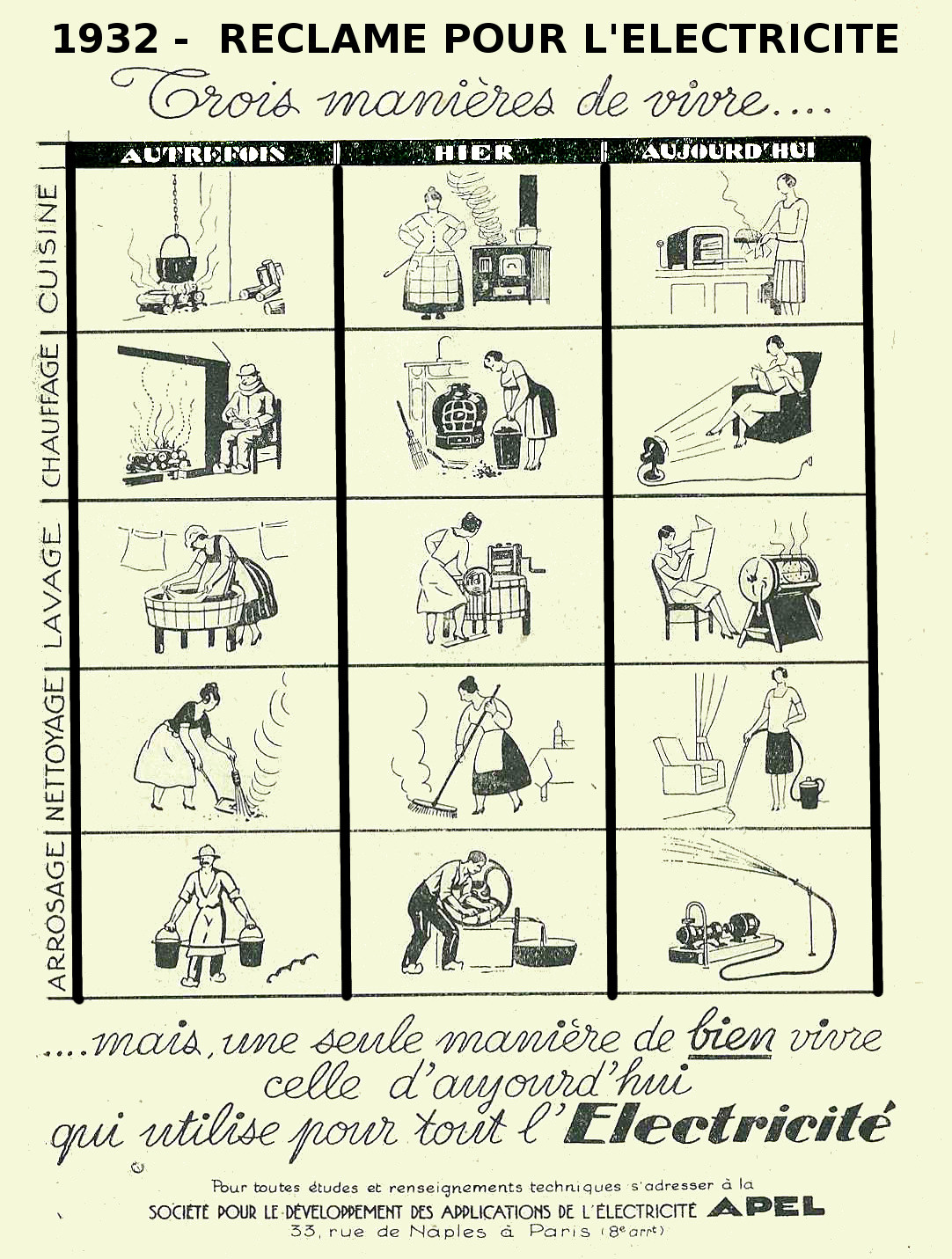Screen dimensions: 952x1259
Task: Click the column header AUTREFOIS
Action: click(x=203, y=154)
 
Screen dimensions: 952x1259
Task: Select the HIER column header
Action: click(x=473, y=152)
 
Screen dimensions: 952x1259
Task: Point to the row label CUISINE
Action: click(x=48, y=248)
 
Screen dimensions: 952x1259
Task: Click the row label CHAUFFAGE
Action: click(x=49, y=416)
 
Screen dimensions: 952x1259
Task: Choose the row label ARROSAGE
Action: click(x=55, y=916)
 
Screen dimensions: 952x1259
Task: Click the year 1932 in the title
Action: click(x=105, y=39)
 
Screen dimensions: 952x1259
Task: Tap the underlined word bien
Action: click(x=730, y=1037)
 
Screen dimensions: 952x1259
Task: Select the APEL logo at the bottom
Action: click(x=766, y=1209)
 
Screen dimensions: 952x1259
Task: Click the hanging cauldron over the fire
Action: click(x=177, y=257)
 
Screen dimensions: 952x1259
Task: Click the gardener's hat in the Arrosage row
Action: click(x=207, y=853)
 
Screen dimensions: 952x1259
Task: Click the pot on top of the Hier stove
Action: click(x=526, y=235)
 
